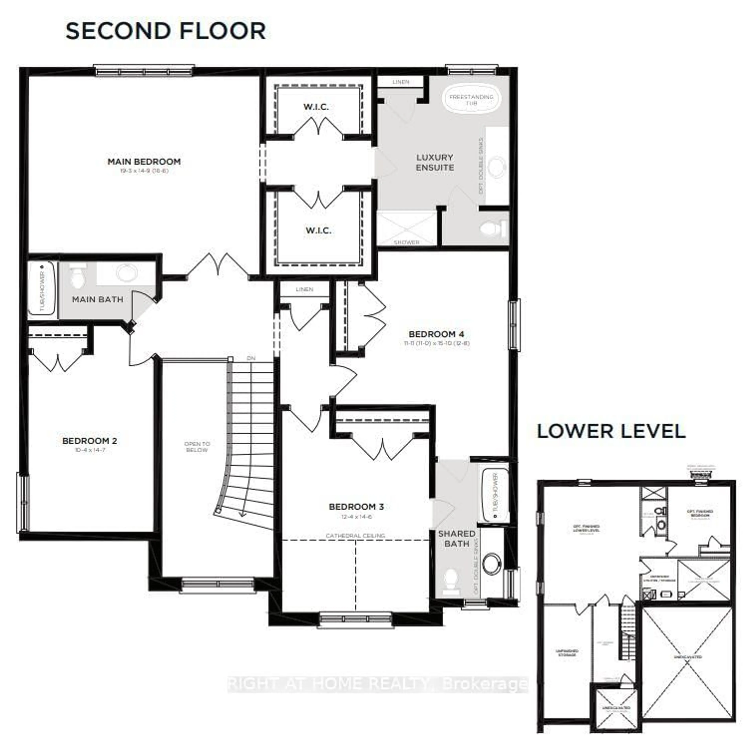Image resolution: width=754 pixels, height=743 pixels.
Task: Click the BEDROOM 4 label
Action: [x=436, y=334]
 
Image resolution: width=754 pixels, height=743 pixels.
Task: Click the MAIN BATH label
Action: [x=98, y=299]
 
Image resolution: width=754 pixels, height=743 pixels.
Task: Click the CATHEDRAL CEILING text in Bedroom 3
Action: [x=355, y=535]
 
